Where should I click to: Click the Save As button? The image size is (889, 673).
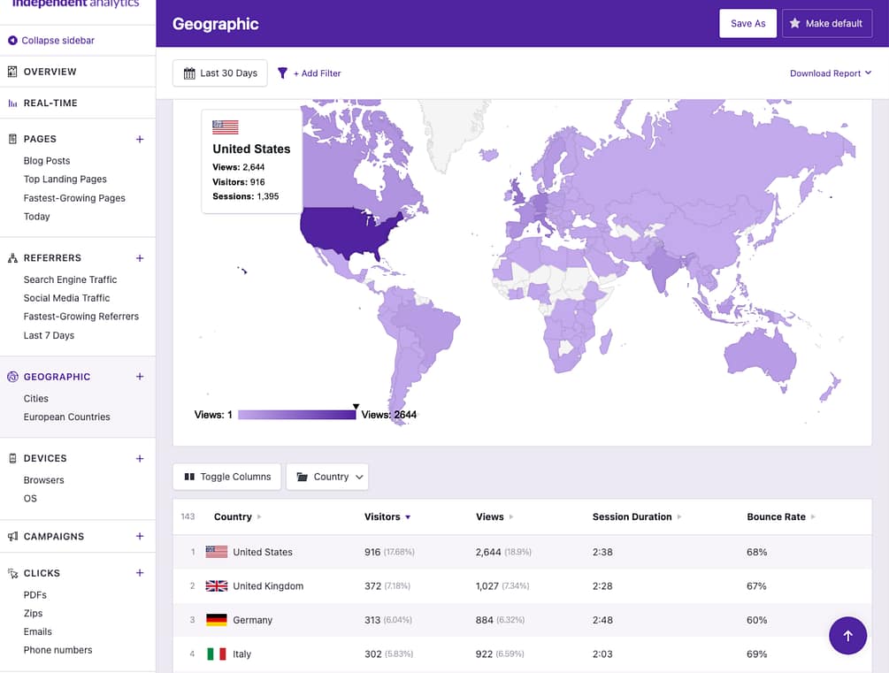747,24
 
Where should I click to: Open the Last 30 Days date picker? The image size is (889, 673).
220,73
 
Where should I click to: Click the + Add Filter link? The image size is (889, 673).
310,73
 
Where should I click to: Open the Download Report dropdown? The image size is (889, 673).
831,73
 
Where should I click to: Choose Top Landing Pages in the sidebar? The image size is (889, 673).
65,180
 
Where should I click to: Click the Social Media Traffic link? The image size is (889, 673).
66,298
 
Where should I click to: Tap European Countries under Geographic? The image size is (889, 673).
66,417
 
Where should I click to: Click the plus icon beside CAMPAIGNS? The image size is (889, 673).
139,537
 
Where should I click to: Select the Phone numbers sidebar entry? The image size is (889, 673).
57,650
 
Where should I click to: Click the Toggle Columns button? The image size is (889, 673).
227,477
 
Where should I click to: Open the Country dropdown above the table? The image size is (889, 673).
327,477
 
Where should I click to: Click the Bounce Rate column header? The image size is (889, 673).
777,516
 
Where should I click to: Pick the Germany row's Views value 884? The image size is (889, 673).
485,620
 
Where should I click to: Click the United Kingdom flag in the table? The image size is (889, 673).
217,585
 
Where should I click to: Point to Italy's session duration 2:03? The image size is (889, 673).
602,654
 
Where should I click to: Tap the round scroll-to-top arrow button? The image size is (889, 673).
847,635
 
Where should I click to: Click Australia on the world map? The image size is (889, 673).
759,358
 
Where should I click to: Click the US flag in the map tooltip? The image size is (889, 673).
226,127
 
